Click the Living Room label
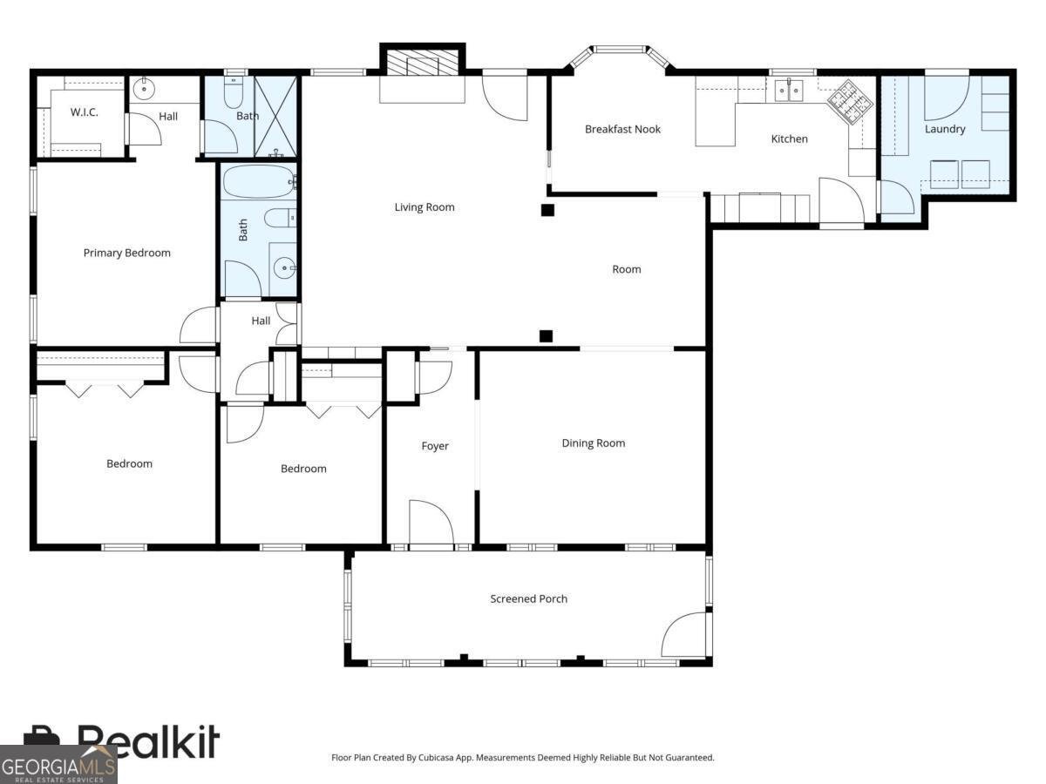coord(425,207)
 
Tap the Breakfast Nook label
coord(622,129)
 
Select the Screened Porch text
coord(528,598)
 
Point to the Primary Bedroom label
coord(126,253)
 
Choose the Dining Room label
coord(593,443)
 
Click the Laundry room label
coord(945,129)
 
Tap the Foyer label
coord(435,446)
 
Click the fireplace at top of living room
coord(423,64)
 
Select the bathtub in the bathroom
coord(258,182)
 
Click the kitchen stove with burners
coord(849,101)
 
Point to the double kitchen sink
coord(791,89)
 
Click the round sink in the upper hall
coord(143,88)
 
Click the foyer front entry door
coord(431,524)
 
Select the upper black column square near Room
coord(547,210)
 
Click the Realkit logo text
coord(148,742)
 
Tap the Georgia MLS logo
coord(58,765)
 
